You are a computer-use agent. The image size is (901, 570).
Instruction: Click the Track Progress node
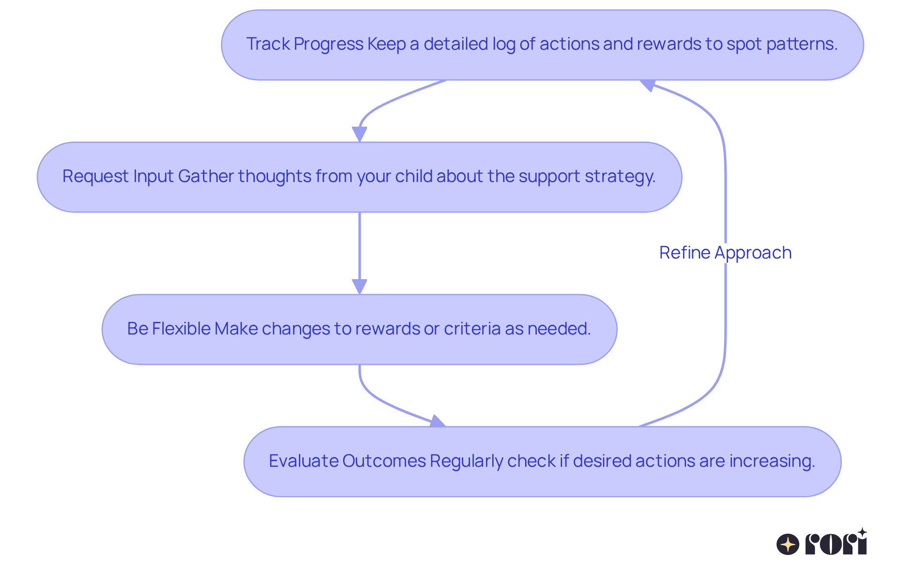542,45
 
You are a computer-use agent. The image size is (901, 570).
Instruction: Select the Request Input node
359,177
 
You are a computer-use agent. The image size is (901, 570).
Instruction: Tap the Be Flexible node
359,329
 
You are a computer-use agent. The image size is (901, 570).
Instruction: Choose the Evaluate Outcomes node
542,461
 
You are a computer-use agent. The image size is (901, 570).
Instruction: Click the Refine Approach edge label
725,253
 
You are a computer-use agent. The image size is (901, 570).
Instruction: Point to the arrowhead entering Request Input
359,135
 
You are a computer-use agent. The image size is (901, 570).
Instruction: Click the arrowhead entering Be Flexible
359,287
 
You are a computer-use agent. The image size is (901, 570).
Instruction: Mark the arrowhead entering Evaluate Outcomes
437,421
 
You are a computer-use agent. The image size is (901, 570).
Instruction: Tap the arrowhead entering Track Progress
648,85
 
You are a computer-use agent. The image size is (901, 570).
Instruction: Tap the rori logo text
836,544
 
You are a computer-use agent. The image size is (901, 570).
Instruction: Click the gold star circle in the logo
788,545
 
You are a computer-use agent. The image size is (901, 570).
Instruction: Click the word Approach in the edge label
753,253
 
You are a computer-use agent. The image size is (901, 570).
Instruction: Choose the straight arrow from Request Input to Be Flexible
359,246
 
